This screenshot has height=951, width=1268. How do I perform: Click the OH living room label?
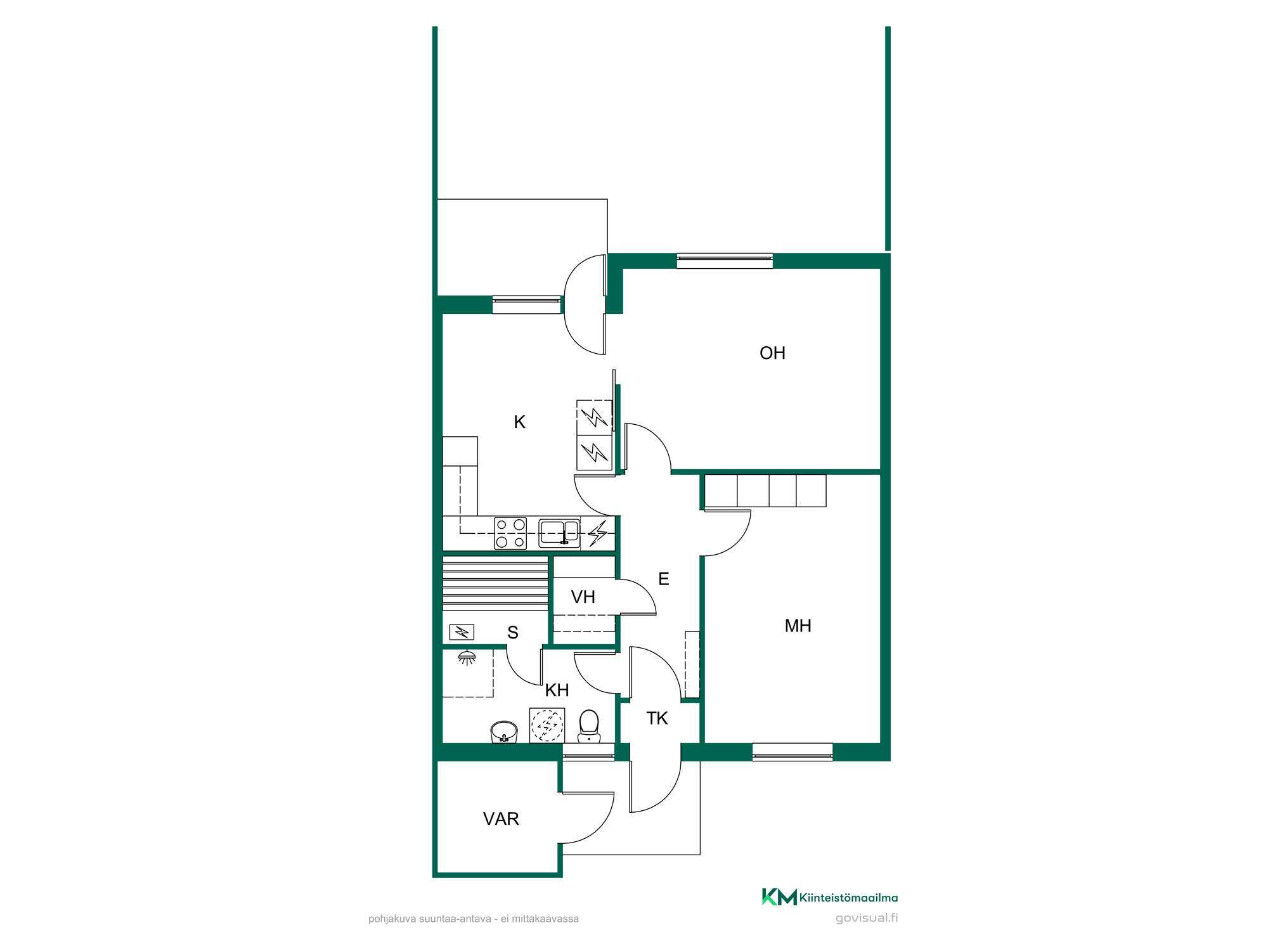coord(772,353)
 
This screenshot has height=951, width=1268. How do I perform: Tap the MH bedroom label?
coord(798,626)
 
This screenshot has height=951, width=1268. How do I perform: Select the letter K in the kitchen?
coord(519,422)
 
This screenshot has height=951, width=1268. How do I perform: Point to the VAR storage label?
coord(501,819)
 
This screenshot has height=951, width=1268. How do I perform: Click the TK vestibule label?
coord(657,718)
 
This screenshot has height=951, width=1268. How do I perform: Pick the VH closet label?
coord(583,597)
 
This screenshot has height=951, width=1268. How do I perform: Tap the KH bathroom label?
coord(557,690)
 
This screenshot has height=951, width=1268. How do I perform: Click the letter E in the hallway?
coord(664,579)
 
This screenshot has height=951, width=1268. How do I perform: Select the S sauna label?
coord(513,633)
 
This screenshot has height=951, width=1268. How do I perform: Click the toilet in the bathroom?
coord(589,726)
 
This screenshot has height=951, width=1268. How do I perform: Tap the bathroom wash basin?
coord(504,732)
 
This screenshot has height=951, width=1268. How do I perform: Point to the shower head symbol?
coord(467,658)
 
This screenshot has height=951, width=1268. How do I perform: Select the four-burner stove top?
coord(510,533)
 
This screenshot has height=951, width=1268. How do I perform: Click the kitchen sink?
coord(559,533)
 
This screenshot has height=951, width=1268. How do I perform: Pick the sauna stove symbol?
coord(462,632)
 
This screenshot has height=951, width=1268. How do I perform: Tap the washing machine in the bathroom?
coord(547,725)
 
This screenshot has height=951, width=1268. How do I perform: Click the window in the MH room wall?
coord(792,752)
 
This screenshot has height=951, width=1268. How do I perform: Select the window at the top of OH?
coord(725,261)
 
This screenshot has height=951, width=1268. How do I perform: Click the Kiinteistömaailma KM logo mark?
coord(779,897)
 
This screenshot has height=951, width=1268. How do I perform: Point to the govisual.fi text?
coord(867,918)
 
